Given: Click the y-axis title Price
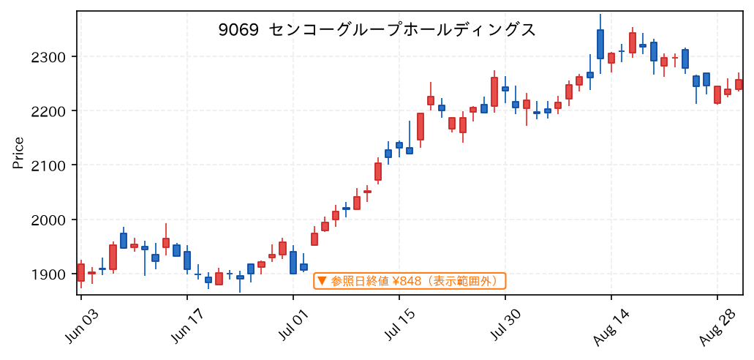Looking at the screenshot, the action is [x=18, y=153].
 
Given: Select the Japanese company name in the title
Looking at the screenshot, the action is [x=401, y=30].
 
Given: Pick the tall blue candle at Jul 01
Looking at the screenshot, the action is [x=293, y=262].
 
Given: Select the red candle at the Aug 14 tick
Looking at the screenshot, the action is [x=611, y=59].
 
